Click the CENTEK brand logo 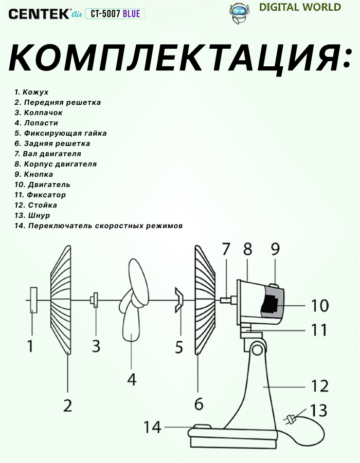39,14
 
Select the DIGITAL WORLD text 300,7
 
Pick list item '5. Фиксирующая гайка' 61,133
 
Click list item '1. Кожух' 31,92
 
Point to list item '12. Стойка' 35,205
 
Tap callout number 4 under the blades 132,379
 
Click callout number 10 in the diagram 320,305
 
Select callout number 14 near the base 153,427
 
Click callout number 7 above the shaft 227,249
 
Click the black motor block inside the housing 271,305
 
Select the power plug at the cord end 292,419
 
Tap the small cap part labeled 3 95,299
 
